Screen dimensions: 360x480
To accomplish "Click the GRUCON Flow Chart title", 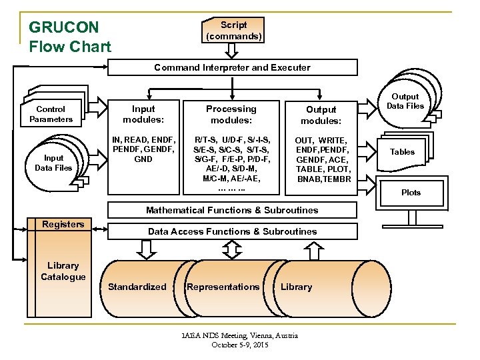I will (x=69, y=37).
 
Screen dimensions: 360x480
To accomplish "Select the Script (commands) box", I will (x=233, y=31).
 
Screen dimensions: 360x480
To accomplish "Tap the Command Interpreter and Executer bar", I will (x=232, y=67).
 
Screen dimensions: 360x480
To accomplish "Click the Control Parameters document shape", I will (x=51, y=114).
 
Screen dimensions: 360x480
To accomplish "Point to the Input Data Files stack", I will (x=53, y=163).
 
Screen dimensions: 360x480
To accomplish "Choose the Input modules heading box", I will (x=143, y=114).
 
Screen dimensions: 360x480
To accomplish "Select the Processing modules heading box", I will (x=231, y=114).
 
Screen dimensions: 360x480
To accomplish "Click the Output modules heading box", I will (x=321, y=114).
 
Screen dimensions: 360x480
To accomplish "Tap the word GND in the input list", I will (x=143, y=159).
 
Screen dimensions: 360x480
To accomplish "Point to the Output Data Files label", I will (x=405, y=101).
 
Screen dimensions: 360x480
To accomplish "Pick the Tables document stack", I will (x=402, y=152).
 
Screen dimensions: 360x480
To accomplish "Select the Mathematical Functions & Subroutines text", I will (x=232, y=210).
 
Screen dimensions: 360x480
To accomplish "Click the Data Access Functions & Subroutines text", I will (x=232, y=231).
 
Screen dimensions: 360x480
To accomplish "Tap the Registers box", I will (x=63, y=225).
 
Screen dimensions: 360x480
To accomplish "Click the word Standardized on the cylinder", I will (x=137, y=287).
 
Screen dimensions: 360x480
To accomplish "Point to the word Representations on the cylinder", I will (x=223, y=287).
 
